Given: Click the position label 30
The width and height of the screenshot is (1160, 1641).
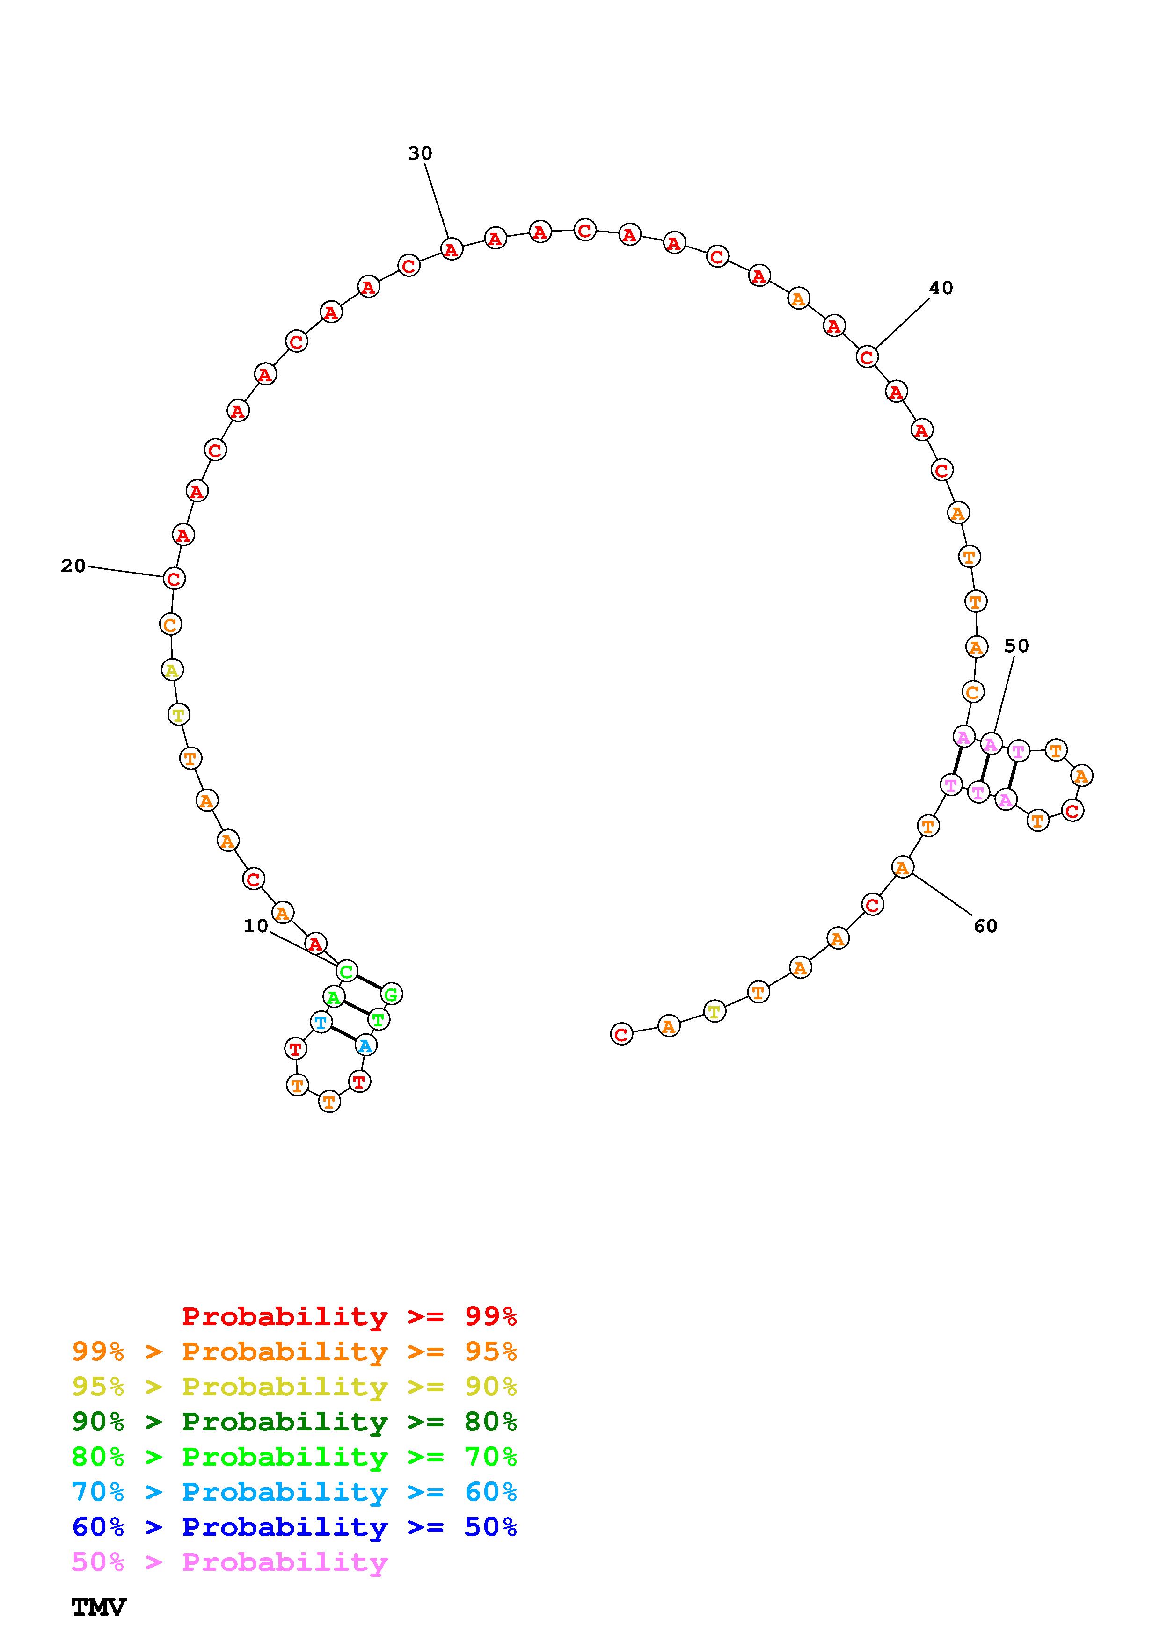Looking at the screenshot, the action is point(420,153).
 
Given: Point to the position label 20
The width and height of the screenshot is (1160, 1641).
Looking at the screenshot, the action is point(73,566).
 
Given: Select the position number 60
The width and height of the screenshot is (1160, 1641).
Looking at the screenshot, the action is point(985,926).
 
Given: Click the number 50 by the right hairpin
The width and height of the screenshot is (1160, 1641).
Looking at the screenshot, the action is point(1016,646).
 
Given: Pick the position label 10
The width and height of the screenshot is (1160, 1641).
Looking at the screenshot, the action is point(256,926).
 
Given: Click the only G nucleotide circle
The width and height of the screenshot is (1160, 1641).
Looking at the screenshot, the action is point(391,994).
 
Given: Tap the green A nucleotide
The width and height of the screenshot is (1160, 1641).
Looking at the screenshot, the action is point(334,996).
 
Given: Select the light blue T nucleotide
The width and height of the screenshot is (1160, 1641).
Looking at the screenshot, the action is point(321,1022).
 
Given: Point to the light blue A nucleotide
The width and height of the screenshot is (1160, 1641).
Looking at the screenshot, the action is point(365,1046).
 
